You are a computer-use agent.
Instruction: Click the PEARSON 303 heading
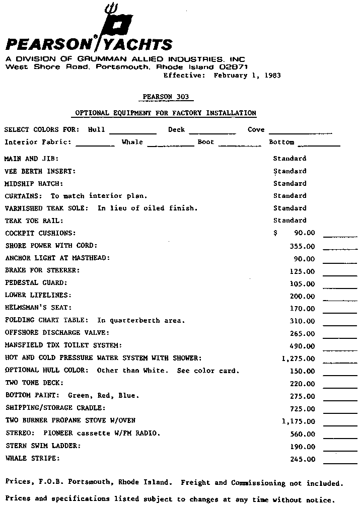164,97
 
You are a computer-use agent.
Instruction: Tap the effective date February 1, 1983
247,76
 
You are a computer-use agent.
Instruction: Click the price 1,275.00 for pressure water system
299,359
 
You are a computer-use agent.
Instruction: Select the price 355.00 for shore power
303,247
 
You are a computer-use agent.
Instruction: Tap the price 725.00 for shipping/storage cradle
303,409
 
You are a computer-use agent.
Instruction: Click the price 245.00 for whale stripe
303,459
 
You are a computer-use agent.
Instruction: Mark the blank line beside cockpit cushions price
340,236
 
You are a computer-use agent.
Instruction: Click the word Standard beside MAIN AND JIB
290,159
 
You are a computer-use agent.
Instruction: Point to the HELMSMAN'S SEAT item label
38,308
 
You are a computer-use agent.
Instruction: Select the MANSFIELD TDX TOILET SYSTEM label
63,345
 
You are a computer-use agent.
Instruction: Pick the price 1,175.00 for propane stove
299,421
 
